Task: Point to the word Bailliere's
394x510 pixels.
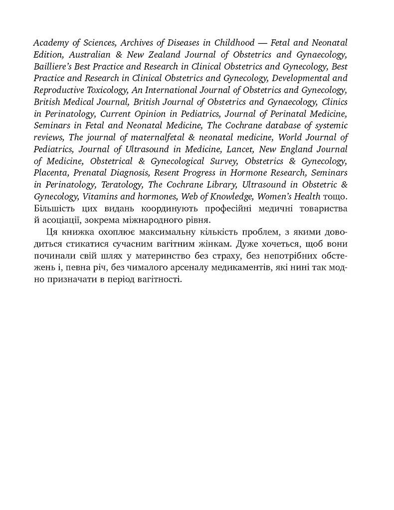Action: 53,66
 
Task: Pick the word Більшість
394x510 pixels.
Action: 55,209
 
